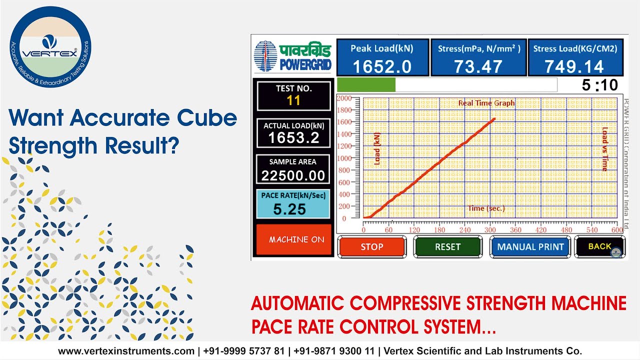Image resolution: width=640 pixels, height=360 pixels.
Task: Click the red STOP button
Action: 371,246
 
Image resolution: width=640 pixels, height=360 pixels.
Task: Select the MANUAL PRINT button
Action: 530,246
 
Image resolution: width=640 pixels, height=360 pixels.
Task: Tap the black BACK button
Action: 599,246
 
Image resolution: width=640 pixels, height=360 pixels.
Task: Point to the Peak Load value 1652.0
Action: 382,66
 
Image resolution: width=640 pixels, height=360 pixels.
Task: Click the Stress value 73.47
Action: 478,66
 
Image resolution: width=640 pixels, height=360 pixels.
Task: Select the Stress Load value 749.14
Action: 574,66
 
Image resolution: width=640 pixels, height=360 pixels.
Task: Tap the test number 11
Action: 293,100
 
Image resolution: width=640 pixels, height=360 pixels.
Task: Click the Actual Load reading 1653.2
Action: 293,138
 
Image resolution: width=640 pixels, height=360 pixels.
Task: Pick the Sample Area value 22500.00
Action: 293,175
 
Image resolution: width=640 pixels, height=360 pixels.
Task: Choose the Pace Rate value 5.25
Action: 289,209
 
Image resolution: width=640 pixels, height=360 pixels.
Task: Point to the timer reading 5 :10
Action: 599,85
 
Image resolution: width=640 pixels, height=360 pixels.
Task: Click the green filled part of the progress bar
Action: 366,85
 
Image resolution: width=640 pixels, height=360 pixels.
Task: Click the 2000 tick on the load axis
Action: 344,98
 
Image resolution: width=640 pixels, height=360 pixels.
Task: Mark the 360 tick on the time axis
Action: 515,230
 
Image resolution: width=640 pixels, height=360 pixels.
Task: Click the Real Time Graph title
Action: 486,103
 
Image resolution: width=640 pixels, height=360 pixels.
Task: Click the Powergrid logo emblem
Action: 265,56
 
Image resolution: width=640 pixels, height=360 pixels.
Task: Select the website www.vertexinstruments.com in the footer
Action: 126,351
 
